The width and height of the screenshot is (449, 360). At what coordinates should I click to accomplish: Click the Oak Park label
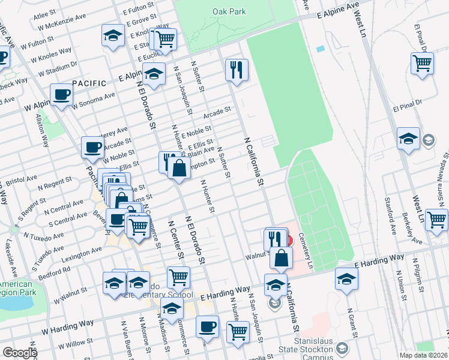click(227, 11)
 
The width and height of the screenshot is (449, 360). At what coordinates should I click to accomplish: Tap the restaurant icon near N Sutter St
click(237, 70)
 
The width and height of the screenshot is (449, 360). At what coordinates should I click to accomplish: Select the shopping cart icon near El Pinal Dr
click(423, 62)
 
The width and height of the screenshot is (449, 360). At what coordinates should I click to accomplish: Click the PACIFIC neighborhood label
click(89, 83)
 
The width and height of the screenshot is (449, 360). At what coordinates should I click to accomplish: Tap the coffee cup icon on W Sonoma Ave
click(62, 94)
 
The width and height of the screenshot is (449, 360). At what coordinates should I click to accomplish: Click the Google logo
click(19, 353)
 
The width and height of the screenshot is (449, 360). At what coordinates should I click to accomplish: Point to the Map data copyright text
click(423, 355)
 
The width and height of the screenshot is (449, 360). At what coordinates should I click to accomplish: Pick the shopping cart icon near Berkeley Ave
click(436, 219)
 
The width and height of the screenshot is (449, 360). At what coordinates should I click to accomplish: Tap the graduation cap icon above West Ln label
click(408, 139)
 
